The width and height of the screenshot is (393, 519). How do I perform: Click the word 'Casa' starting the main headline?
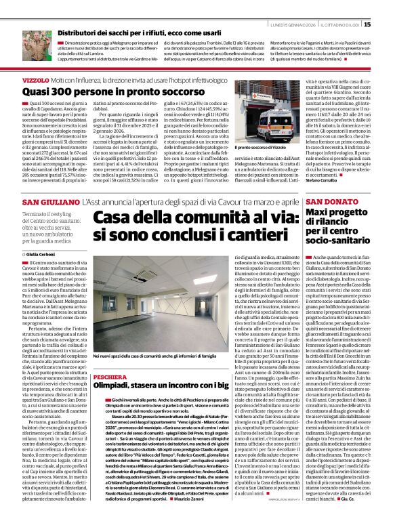click(114, 217)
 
